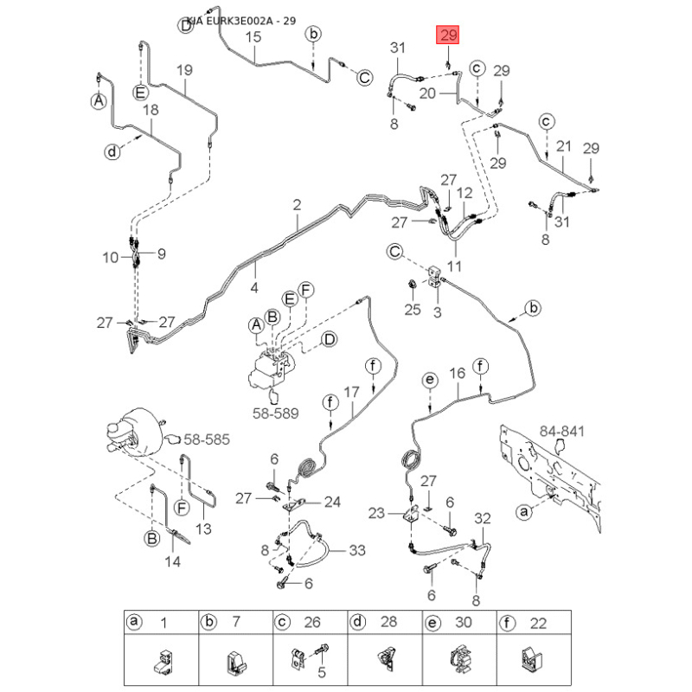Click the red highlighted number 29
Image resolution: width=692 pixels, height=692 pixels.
448,35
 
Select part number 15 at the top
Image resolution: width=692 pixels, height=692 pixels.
253,36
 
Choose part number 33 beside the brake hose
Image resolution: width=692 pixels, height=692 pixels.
357,550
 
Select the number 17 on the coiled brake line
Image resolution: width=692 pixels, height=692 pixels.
351,392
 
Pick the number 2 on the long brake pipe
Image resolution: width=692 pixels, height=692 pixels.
297,205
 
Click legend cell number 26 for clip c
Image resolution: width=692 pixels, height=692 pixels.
313,622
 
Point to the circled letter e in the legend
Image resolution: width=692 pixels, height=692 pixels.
430,622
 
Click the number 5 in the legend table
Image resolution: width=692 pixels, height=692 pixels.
322,672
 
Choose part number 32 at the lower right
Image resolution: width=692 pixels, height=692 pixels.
483,519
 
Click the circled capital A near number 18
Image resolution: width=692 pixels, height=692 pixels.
99,101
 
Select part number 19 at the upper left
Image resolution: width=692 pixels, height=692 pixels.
184,69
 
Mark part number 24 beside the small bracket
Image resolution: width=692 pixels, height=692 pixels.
333,501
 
